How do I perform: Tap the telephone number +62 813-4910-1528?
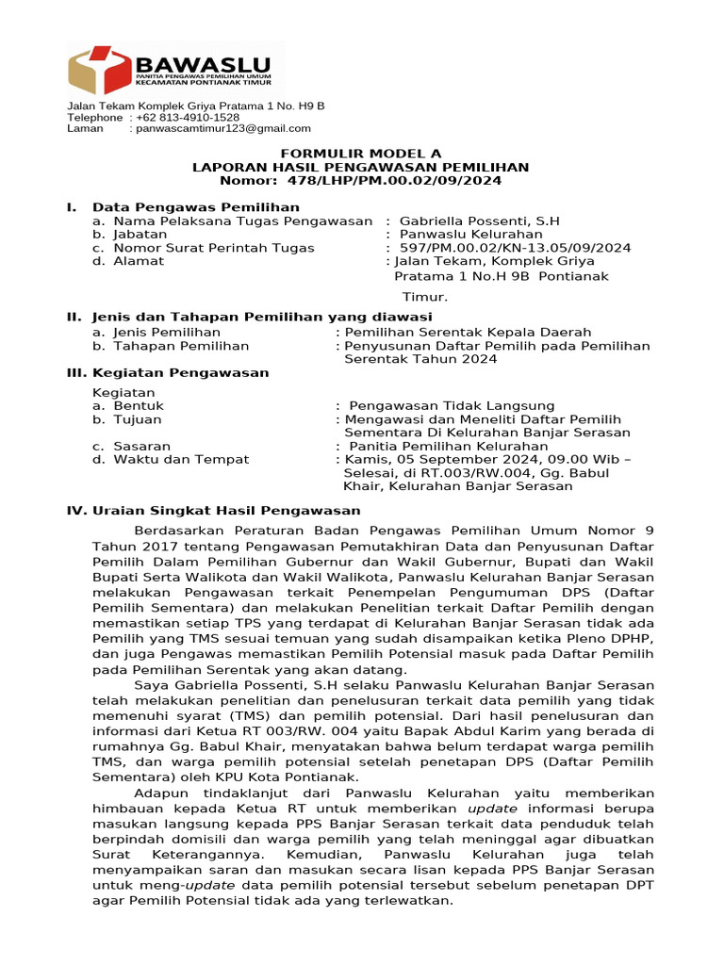(188, 117)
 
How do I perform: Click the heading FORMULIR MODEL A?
(361, 153)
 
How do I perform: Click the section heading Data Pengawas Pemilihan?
(195, 206)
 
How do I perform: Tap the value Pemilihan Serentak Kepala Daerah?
(468, 332)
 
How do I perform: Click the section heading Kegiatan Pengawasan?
(180, 372)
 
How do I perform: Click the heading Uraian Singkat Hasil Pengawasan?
(226, 510)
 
